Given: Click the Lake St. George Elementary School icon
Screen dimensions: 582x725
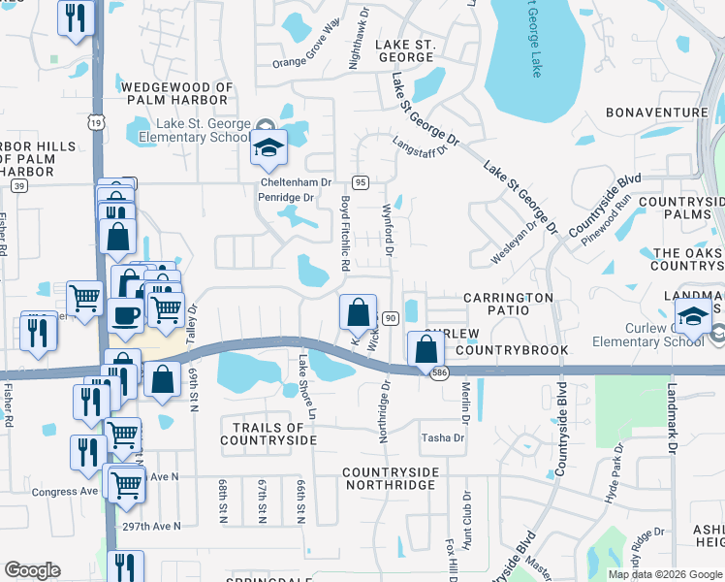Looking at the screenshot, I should pos(269,148).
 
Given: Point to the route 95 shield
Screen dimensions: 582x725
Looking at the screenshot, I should pos(360,182).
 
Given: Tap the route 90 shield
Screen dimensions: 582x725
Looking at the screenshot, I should pos(391,318).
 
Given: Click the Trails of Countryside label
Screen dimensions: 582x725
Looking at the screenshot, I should pos(268,434).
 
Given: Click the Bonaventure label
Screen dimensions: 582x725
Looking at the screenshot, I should pos(657,113).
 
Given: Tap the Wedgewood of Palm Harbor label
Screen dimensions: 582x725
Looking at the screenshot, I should pos(178,93).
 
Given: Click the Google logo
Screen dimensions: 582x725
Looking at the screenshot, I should pos(32,570).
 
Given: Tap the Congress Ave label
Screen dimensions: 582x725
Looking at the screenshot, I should pos(66,492).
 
